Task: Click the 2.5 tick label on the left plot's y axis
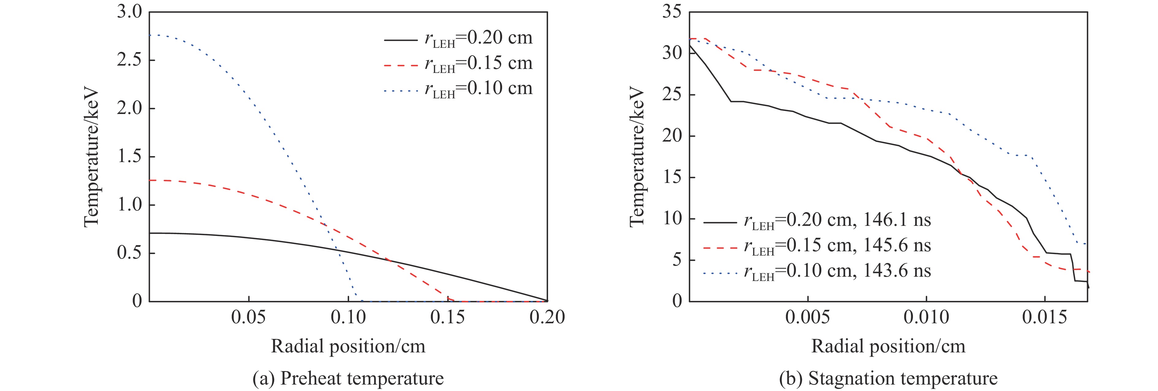[129, 60]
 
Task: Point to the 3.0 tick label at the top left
[129, 12]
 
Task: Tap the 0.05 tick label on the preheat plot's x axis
[248, 317]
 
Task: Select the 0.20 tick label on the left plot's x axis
[547, 317]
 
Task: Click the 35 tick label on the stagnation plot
[672, 12]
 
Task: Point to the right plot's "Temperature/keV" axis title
[637, 157]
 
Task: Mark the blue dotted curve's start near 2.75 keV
[150, 35]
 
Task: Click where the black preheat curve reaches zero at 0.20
[547, 300]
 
